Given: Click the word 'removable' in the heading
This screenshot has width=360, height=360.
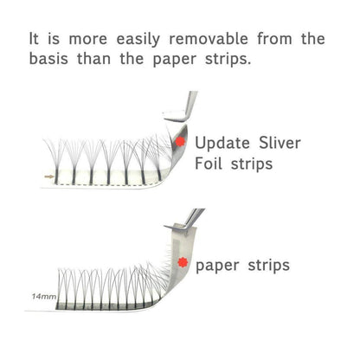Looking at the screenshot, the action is [209, 39].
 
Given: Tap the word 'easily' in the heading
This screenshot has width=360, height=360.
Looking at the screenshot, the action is [138, 40].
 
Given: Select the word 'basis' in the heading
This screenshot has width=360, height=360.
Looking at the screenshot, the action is [48, 59].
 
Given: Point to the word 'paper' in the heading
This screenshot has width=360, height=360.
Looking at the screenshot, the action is [174, 61].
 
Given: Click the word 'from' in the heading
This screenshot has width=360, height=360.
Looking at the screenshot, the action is [274, 39].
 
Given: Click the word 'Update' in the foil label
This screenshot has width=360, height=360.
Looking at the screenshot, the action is [222, 144].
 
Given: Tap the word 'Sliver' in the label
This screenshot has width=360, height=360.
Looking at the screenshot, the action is [280, 143].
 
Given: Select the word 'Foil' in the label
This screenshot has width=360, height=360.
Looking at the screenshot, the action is [209, 164].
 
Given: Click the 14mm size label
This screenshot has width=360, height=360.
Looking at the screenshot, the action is [44, 296].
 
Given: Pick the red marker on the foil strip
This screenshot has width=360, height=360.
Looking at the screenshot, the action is [180, 141].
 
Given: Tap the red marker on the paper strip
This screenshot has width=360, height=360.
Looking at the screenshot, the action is [183, 262].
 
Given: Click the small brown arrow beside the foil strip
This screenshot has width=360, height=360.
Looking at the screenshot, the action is [49, 177].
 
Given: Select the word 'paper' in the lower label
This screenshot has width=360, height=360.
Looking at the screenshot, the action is [217, 267].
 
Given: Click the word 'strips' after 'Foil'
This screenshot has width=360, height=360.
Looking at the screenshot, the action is [252, 164].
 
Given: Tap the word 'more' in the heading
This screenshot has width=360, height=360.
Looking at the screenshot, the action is [88, 40].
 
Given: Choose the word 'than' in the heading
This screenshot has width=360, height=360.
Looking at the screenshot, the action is [93, 59].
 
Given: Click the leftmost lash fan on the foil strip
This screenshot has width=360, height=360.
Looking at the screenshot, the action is [56, 162].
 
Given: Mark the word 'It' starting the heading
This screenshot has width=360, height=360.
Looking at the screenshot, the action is [34, 39].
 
